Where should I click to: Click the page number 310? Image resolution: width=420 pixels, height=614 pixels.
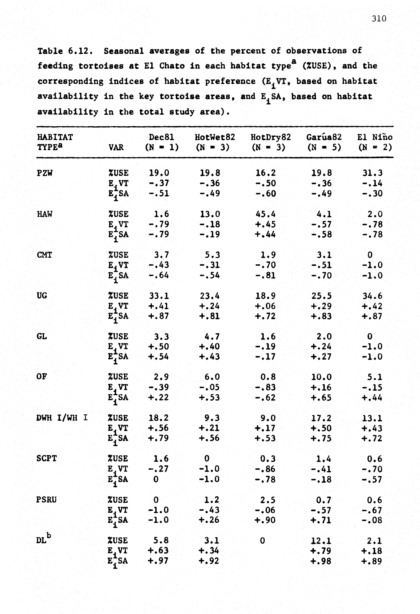pyautogui.click(x=379, y=18)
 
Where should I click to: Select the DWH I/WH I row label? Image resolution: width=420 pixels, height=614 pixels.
pyautogui.click(x=62, y=418)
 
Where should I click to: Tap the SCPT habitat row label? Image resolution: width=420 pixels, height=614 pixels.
pyautogui.click(x=47, y=458)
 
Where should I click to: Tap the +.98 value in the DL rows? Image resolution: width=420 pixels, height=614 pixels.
pyautogui.click(x=321, y=561)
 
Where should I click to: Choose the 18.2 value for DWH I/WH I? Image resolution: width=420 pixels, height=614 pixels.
pyautogui.click(x=159, y=418)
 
